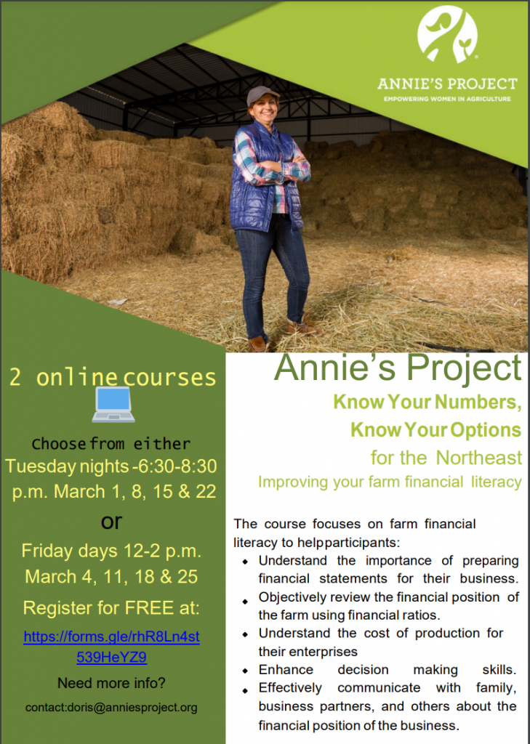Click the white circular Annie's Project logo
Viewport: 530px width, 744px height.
[x=447, y=34]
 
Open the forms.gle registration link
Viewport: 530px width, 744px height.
[x=111, y=647]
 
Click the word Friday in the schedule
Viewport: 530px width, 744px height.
[x=47, y=550]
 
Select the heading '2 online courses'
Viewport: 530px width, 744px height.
[x=113, y=378]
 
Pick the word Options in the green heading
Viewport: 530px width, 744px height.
[x=485, y=429]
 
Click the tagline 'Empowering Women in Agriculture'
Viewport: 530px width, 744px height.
[x=447, y=98]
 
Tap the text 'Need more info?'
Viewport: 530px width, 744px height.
[x=111, y=683]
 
